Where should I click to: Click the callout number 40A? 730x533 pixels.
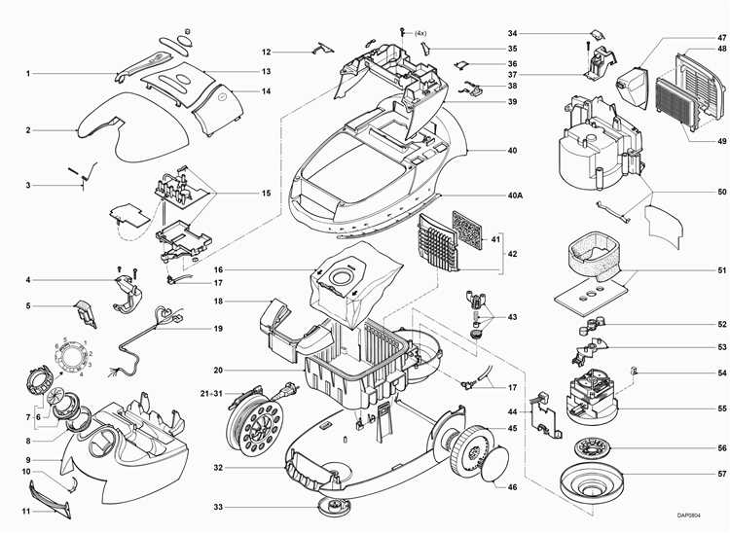click(x=515, y=195)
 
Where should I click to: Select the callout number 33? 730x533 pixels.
click(x=219, y=507)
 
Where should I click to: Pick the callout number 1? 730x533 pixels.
click(x=28, y=73)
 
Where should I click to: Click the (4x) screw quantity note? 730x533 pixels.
click(x=420, y=33)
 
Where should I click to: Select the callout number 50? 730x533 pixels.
click(x=695, y=192)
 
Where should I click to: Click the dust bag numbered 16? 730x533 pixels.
click(x=341, y=277)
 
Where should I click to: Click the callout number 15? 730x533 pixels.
click(x=266, y=194)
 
